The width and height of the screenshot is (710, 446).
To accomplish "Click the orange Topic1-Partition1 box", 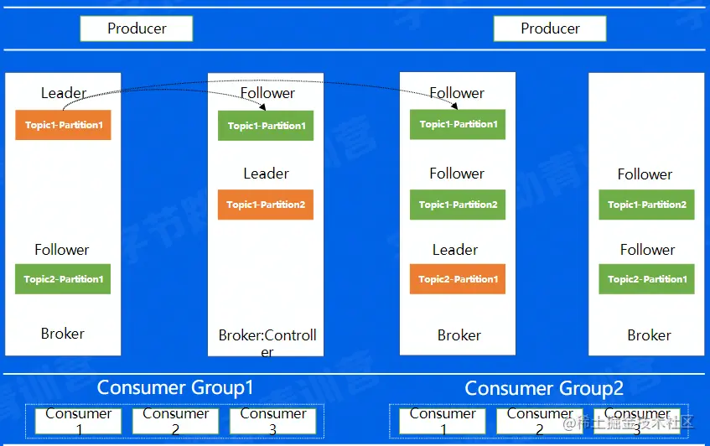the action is click(x=63, y=125).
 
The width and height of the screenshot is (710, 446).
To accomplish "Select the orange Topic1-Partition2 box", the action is click(x=266, y=205).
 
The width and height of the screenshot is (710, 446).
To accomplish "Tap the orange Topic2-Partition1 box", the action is click(x=458, y=279).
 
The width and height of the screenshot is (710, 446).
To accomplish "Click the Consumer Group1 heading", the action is click(x=175, y=387).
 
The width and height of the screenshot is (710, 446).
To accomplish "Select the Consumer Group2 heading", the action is click(x=544, y=388).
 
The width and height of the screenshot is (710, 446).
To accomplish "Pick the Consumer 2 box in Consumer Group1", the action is click(x=175, y=421).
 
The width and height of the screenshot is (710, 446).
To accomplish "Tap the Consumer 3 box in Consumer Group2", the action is click(x=637, y=421).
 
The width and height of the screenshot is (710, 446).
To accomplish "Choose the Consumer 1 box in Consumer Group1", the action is click(x=78, y=421).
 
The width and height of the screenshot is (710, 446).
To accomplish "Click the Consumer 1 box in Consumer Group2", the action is click(x=443, y=421).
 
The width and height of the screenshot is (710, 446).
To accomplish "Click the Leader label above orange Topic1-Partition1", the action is click(x=64, y=93).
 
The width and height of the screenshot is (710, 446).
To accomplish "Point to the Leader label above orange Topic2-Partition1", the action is click(x=455, y=250).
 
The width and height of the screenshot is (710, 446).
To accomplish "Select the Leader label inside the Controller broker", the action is click(x=266, y=174).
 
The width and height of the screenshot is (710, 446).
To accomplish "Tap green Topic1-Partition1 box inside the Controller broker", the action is click(x=266, y=126).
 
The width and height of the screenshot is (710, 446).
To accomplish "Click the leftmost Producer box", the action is click(x=137, y=29).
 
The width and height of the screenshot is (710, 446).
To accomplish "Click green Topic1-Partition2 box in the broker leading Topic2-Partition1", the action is click(x=458, y=205).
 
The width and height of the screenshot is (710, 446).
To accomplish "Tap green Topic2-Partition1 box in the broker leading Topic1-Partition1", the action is click(x=63, y=279).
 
